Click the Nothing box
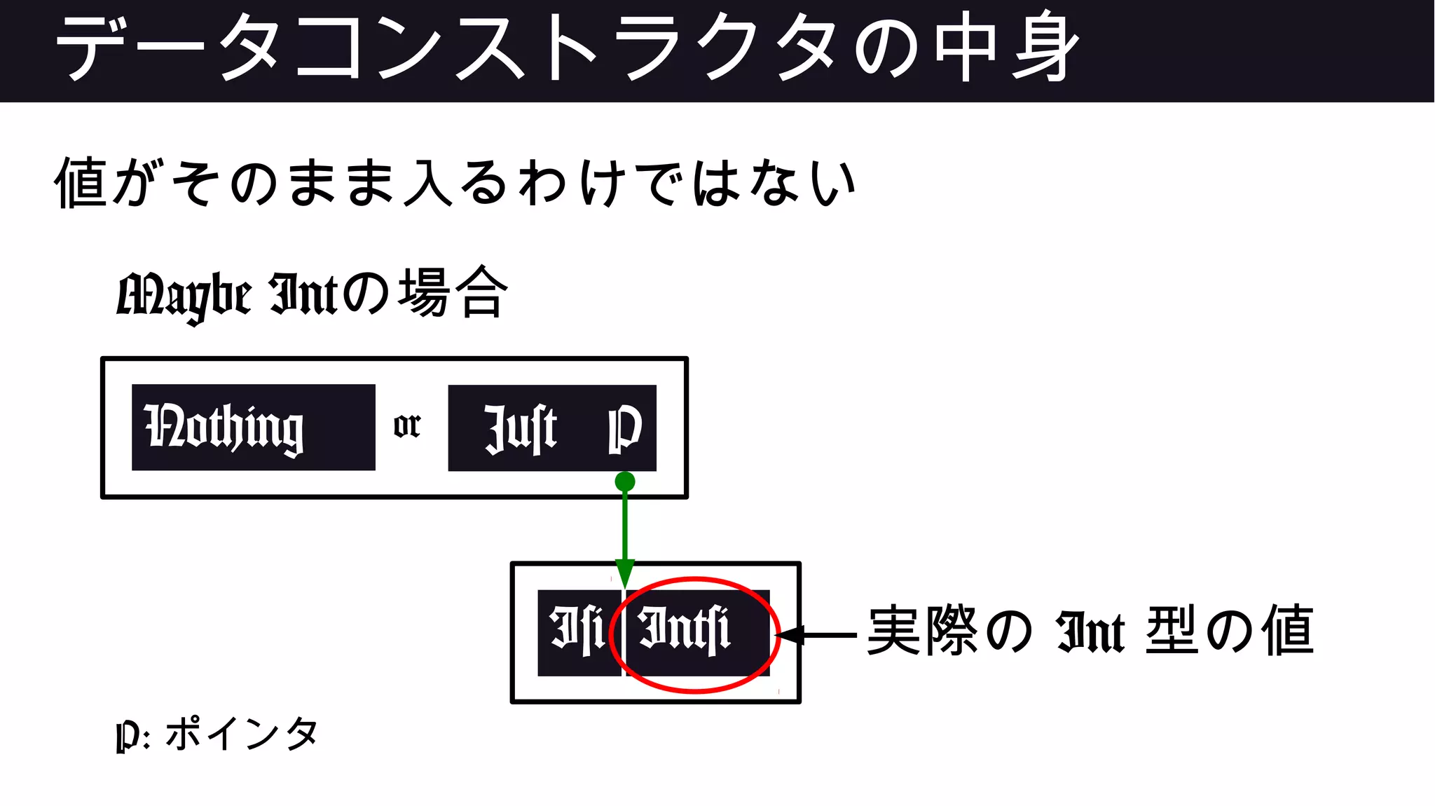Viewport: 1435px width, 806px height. click(253, 427)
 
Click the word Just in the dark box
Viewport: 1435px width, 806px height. click(520, 428)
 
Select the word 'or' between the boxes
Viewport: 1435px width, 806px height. click(406, 425)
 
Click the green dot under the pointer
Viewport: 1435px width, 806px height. click(624, 481)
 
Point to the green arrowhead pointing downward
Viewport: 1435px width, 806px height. click(624, 572)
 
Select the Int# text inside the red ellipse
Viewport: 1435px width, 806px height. click(685, 630)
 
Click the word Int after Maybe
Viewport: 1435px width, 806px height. click(303, 294)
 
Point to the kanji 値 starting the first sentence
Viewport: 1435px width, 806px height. click(81, 182)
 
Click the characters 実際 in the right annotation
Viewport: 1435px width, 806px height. click(922, 631)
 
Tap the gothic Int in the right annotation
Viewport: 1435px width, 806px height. click(1090, 633)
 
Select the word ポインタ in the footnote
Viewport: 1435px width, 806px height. click(242, 733)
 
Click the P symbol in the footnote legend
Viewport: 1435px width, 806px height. click(126, 736)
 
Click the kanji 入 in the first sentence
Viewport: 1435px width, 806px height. click(428, 182)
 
